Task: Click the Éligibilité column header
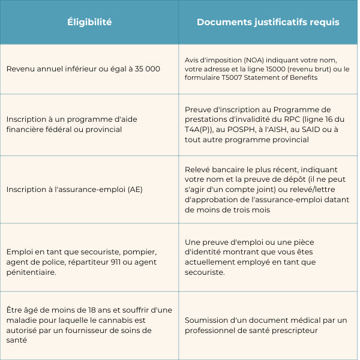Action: pyautogui.click(x=89, y=22)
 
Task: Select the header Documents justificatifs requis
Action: pyautogui.click(x=268, y=22)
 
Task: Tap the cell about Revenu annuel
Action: pyautogui.click(x=83, y=69)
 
